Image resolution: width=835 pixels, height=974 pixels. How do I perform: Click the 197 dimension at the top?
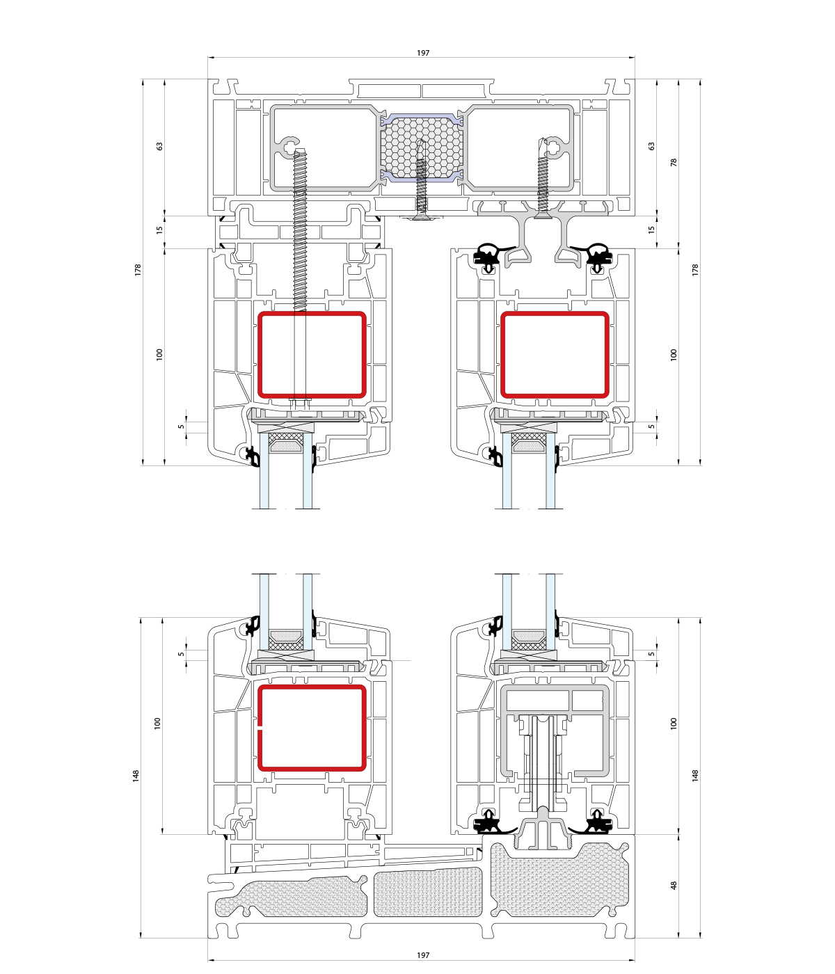click(x=422, y=53)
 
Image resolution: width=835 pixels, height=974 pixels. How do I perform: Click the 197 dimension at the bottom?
click(x=422, y=955)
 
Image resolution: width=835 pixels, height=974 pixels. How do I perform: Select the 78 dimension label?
click(x=674, y=162)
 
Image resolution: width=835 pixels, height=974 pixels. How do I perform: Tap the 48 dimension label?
click(x=674, y=886)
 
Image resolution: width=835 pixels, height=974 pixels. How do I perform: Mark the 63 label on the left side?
click(x=159, y=146)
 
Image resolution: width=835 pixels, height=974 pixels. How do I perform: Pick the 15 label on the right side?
click(x=651, y=230)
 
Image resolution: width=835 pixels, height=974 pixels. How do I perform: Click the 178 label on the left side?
click(x=138, y=270)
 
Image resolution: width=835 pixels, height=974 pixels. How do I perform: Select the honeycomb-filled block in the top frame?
click(x=422, y=147)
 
